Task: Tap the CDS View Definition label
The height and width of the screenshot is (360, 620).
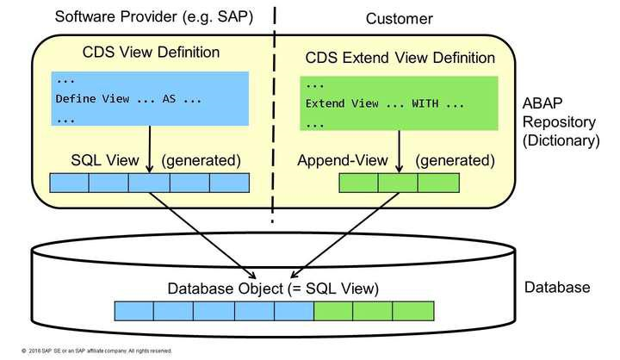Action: pyautogui.click(x=150, y=53)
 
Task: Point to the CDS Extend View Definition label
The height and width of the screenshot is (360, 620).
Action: pyautogui.click(x=400, y=58)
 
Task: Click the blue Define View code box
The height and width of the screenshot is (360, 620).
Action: pyautogui.click(x=150, y=98)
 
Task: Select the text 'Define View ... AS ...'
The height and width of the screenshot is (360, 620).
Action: pyautogui.click(x=128, y=98)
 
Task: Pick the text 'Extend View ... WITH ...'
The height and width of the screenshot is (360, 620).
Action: pyautogui.click(x=384, y=104)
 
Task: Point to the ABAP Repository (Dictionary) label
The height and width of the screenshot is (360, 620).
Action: pyautogui.click(x=562, y=121)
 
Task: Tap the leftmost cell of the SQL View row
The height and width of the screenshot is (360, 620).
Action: pyautogui.click(x=70, y=183)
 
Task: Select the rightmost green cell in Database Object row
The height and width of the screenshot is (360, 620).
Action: pyautogui.click(x=413, y=309)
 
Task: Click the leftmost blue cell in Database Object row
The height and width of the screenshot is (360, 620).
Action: pyautogui.click(x=133, y=309)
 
